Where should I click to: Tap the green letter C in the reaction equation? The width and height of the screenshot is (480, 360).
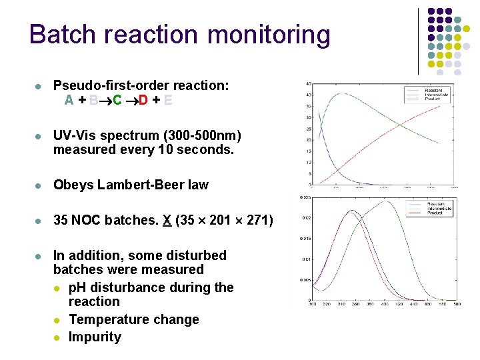pos(117,101)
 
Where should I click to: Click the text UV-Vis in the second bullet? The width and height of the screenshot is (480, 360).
pos(74,136)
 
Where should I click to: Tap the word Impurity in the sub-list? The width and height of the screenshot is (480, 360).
pos(95,337)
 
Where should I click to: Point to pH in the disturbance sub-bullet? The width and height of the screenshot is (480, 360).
pos(77,287)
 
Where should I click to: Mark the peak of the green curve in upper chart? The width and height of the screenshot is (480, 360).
pos(341,93)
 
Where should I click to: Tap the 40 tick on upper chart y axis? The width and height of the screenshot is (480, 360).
pos(308,95)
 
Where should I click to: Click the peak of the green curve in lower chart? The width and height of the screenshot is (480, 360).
pos(386,202)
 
